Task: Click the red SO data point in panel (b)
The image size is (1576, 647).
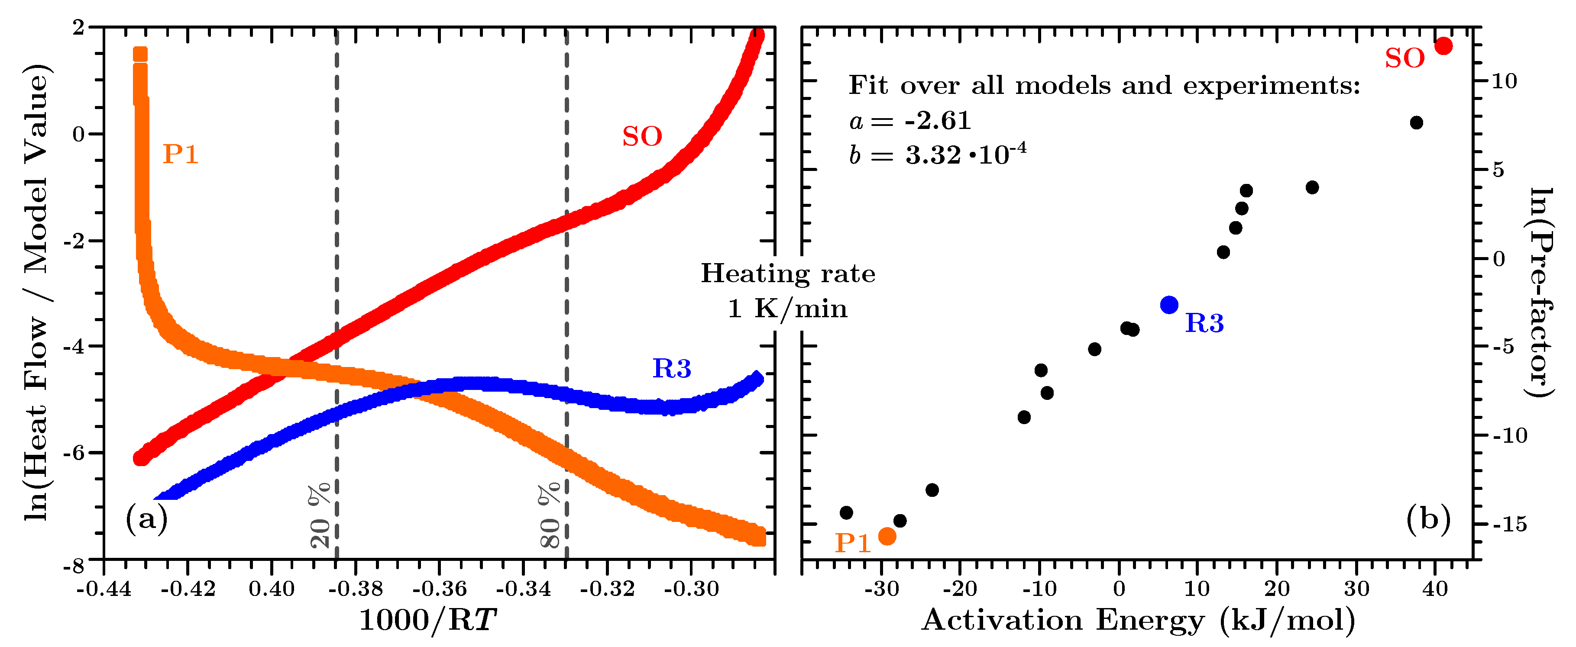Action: pyautogui.click(x=1443, y=46)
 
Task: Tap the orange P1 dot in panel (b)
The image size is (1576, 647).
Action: pyautogui.click(x=887, y=536)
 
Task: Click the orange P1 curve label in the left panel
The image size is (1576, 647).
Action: pyautogui.click(x=181, y=154)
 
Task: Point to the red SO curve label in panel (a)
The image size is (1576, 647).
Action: pyautogui.click(x=642, y=136)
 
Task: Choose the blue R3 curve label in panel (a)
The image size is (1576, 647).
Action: pyautogui.click(x=672, y=368)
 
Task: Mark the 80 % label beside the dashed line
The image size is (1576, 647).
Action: pyautogui.click(x=550, y=515)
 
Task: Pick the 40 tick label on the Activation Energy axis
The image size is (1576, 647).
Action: pyautogui.click(x=1435, y=589)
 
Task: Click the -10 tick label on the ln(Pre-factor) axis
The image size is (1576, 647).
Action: pyautogui.click(x=1509, y=435)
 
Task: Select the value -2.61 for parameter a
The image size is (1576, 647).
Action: pyautogui.click(x=938, y=120)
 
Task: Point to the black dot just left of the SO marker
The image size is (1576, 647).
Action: pyautogui.click(x=1416, y=123)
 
